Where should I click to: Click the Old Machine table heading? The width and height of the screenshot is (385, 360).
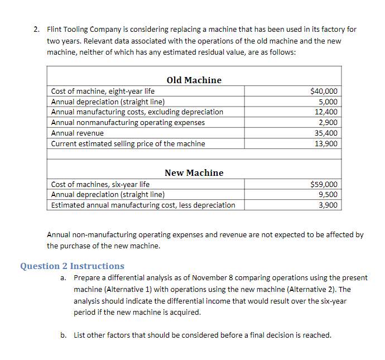194,80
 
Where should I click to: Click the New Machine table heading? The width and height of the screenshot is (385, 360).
194,173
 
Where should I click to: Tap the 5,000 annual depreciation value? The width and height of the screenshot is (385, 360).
328,102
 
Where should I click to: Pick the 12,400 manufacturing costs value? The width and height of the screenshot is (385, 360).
326,112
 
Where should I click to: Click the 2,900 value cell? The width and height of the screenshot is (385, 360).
328,122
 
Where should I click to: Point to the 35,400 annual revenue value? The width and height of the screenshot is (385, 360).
326,133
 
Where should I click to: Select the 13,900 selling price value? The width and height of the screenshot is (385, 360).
326,144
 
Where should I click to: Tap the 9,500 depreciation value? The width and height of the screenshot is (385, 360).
328,194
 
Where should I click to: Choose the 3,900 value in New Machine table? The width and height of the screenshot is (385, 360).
328,205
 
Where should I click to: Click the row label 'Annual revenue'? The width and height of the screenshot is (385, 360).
77,133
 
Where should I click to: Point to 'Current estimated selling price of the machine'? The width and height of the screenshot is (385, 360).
128,144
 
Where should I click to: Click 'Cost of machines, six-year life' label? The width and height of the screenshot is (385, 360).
100,184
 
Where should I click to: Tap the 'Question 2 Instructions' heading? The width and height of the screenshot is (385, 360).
72,266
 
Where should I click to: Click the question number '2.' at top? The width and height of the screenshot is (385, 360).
36,29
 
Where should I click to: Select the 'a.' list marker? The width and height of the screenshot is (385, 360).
64,277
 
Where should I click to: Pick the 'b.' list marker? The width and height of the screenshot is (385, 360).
64,335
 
